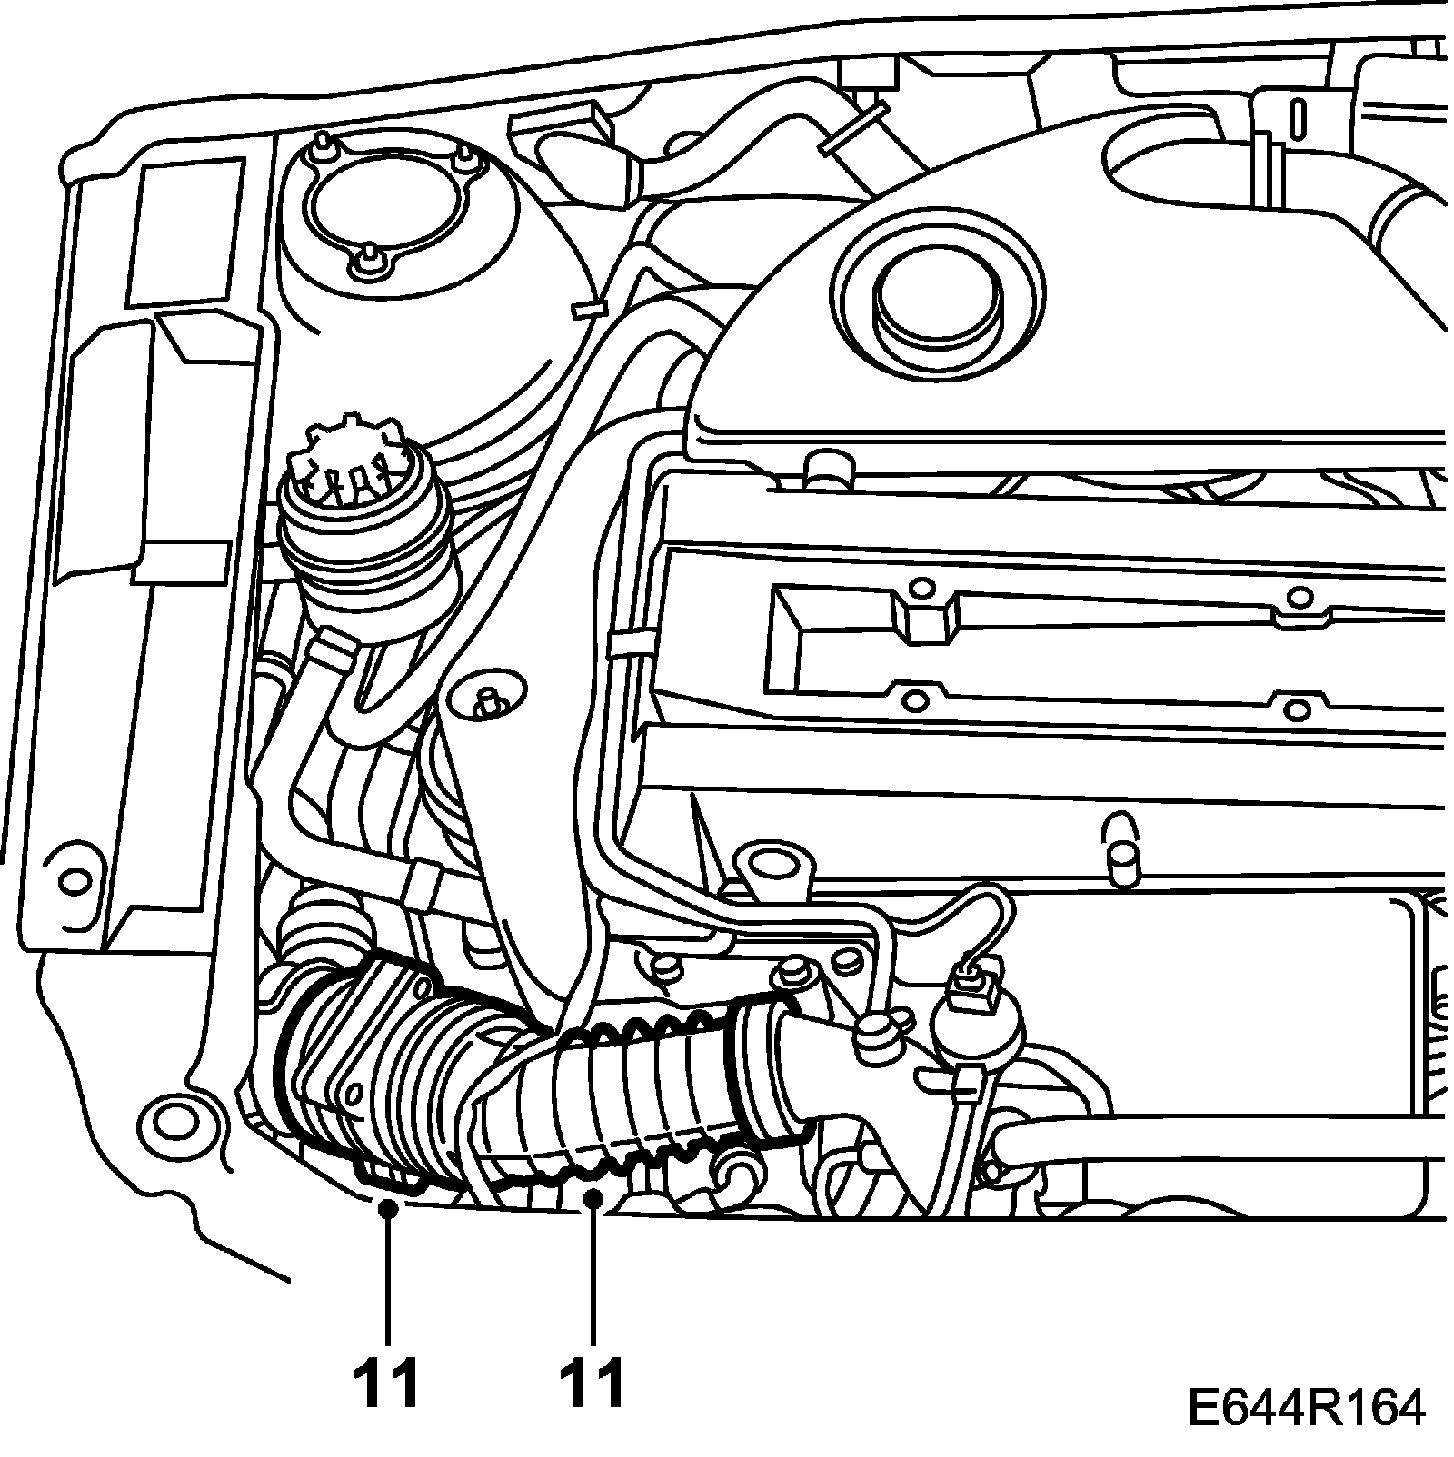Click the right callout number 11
click(x=593, y=1383)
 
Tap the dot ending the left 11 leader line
click(x=388, y=1207)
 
